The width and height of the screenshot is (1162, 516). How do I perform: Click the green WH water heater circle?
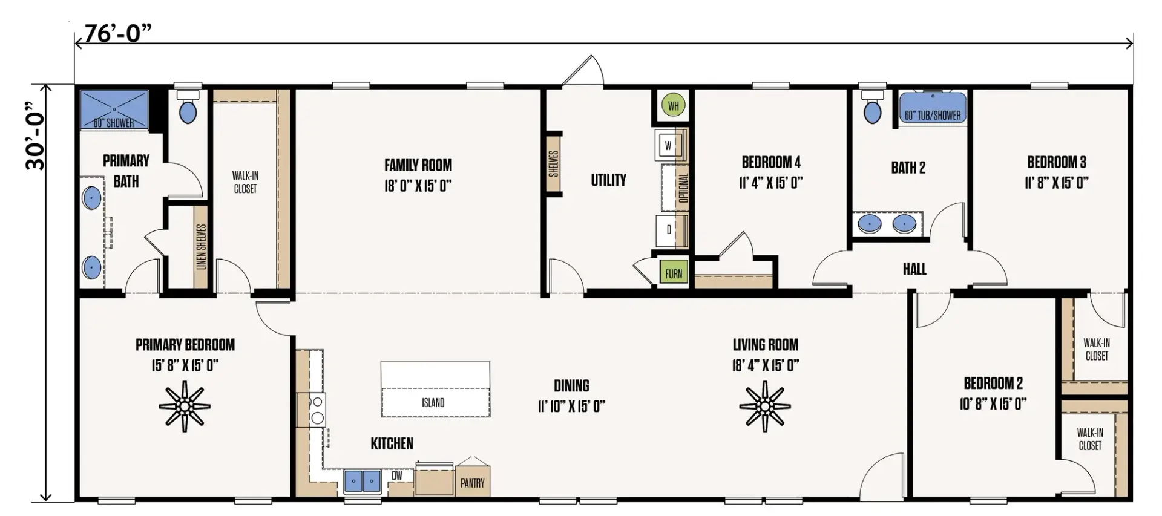[x=673, y=106]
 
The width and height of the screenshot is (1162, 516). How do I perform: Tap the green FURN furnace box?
[x=673, y=273]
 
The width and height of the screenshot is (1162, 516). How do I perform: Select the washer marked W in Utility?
[x=669, y=145]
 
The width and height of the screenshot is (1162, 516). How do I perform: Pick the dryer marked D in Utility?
[x=669, y=230]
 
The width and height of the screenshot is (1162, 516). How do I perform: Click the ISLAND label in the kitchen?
[x=433, y=403]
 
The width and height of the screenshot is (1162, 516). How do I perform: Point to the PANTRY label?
[x=473, y=483]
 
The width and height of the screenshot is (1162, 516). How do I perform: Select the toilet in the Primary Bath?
[x=188, y=107]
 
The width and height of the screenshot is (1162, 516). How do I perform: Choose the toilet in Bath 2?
[x=873, y=107]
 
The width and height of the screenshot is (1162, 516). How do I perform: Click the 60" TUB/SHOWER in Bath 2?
[x=933, y=108]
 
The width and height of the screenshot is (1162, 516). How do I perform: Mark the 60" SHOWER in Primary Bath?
[x=114, y=109]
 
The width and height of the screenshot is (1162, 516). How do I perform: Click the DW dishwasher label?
[x=397, y=476]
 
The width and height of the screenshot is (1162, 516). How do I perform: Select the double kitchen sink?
[x=363, y=482]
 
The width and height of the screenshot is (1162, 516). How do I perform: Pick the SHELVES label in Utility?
[x=554, y=163]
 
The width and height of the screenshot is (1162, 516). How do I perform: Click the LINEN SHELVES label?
[x=201, y=246]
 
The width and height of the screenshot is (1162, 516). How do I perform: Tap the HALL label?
[x=914, y=269]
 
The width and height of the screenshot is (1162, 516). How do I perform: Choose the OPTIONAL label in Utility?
[x=684, y=188]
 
